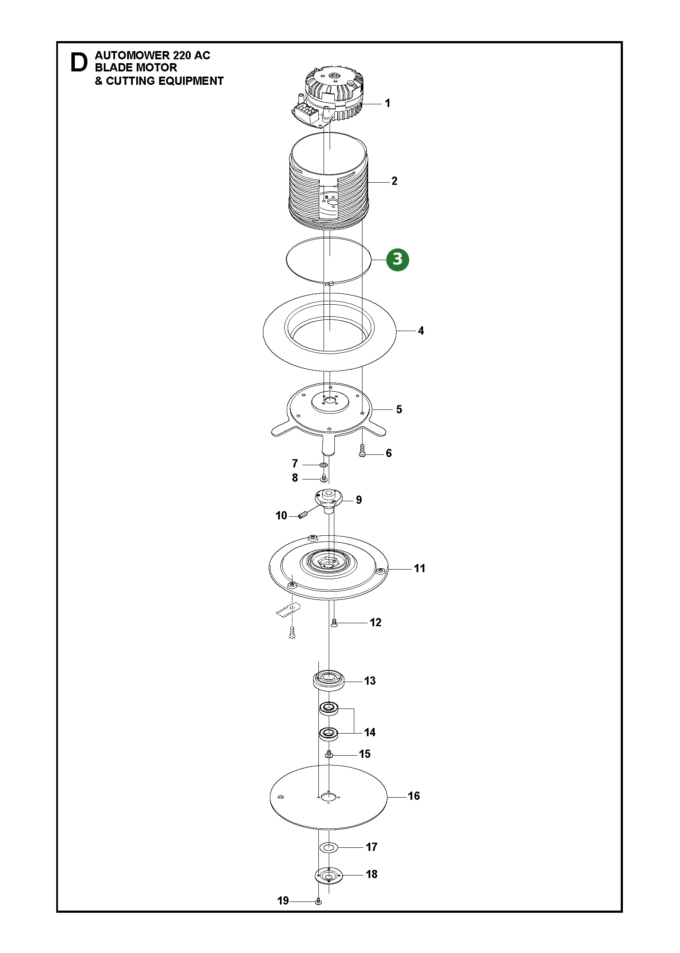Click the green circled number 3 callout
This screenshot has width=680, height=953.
[397, 260]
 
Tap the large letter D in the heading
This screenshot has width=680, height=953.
[78, 63]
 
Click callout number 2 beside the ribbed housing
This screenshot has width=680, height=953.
[394, 181]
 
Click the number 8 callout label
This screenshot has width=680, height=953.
[295, 478]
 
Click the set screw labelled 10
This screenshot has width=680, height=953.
[303, 515]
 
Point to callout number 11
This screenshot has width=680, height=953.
[420, 568]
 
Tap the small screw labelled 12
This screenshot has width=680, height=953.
[334, 623]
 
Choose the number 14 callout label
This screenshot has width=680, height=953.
[369, 732]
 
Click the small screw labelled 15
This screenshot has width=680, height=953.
[328, 754]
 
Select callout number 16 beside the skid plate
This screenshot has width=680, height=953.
[414, 796]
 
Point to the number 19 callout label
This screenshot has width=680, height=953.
[283, 901]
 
